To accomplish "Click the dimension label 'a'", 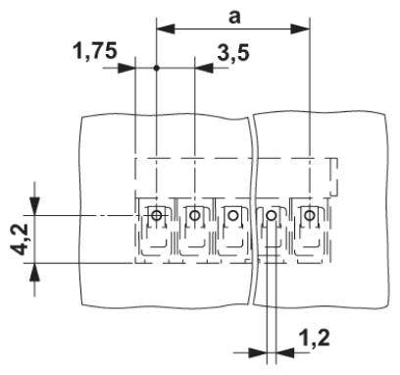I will pos(234,16).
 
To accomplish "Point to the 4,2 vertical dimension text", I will pos(18,237).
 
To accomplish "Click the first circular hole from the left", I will pos(157,215).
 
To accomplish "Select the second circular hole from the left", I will pos(195,215).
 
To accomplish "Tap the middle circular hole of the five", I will pos(233,215).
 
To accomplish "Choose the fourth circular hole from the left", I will pos(272,215).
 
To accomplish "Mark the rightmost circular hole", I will pos(310,215).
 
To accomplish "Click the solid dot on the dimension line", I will pos(157,69).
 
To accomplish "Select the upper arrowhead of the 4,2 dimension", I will pos(36,206).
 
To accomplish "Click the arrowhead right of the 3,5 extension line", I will pos(204,69).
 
